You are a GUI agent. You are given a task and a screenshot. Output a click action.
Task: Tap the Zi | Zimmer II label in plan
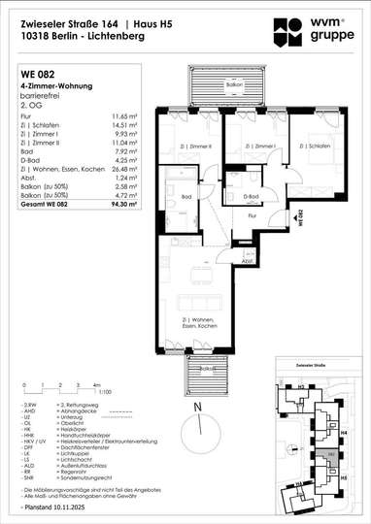[196, 147]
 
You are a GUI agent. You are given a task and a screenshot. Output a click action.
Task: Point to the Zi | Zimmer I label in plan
[256, 147]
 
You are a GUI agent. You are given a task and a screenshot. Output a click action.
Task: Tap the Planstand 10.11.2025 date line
[50, 508]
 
